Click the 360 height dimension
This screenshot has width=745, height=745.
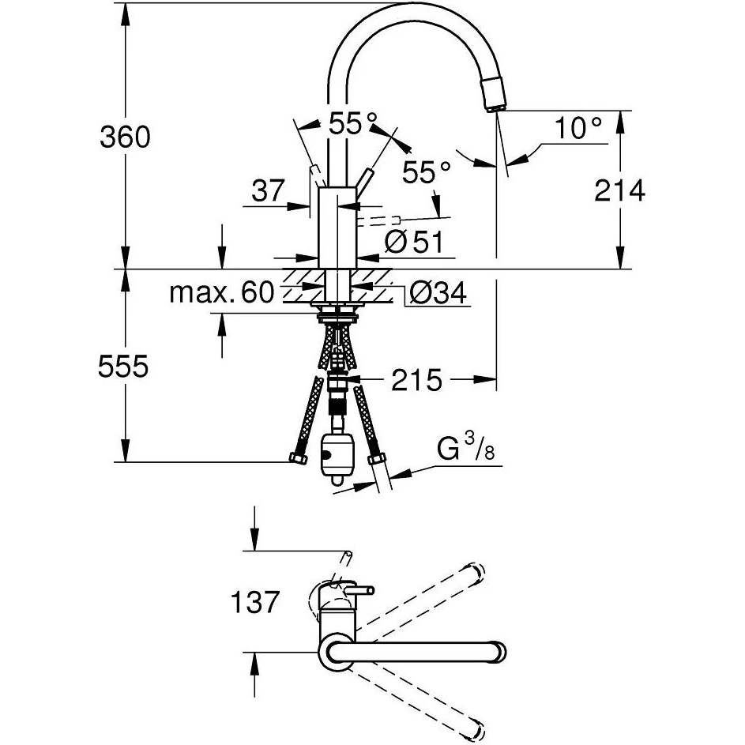pos(125,137)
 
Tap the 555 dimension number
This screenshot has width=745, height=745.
pos(123,367)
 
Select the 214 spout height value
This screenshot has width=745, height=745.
pos(619,191)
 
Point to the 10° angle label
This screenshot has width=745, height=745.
pos(578,128)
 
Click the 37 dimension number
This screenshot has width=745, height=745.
pos(269,190)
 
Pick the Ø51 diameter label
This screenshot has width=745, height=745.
pos(413,242)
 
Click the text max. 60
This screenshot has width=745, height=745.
pos(222,292)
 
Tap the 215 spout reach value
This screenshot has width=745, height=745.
pos(416,380)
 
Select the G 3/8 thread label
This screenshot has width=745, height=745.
pos(465,448)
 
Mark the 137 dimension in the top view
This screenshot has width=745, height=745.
pos(254,602)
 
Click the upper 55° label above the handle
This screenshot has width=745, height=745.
pos(353,123)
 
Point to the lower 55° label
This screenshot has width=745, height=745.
pos(426,172)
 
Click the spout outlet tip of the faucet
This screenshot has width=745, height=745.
pos(494,109)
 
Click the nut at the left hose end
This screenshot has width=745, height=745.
pos(299,457)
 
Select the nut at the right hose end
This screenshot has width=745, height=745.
pos(377,459)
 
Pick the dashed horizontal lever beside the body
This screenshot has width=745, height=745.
pos(379,220)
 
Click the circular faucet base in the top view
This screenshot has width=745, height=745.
pos(334,652)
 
